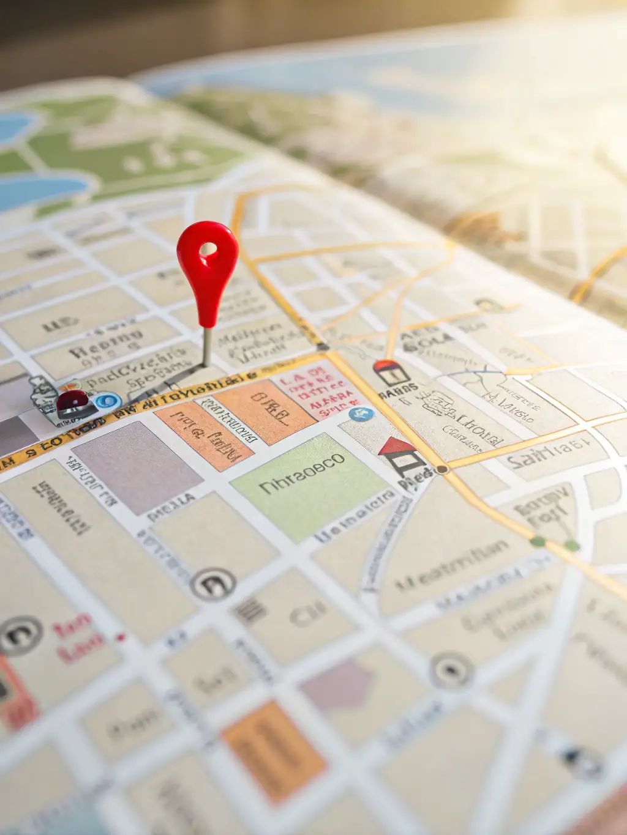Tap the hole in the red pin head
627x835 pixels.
click(208, 249)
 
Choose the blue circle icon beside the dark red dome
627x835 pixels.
click(108, 401)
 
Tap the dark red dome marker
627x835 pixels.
click(73, 401)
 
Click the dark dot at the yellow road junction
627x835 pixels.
click(441, 469)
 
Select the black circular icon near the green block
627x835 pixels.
click(212, 584)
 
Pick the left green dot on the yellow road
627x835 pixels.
click(538, 541)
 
